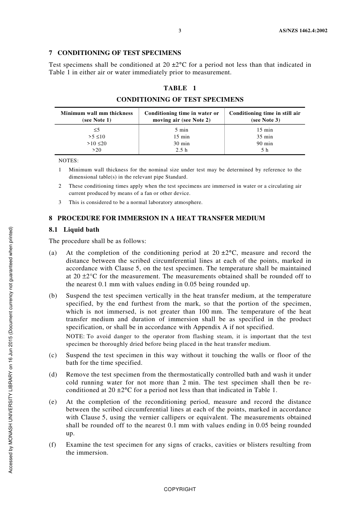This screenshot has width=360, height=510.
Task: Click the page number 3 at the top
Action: point(180,31)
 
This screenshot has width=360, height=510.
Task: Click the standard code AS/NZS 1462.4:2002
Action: point(300,31)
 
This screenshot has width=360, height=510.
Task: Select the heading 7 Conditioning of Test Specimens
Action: point(115,53)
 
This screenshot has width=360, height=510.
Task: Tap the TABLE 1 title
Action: point(180,88)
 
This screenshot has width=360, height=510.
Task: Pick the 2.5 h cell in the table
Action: point(182,150)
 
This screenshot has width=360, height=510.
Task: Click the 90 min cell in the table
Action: point(265,143)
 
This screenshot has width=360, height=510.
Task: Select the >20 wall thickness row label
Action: point(97,150)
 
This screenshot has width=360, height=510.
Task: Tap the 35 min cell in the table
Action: point(265,137)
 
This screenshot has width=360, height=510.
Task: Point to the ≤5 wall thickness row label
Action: point(97,130)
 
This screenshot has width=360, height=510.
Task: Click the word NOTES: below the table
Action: point(68,160)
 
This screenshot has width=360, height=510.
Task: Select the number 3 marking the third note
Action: point(60,202)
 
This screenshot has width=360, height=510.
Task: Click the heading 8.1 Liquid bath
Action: point(74,230)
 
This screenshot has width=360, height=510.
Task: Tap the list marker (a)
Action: point(53,253)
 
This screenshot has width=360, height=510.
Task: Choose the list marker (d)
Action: point(53,375)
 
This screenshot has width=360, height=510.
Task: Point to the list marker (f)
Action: point(53,445)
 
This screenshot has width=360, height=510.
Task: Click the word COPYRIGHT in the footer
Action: point(180,489)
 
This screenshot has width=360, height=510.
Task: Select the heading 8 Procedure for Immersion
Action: point(157,218)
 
